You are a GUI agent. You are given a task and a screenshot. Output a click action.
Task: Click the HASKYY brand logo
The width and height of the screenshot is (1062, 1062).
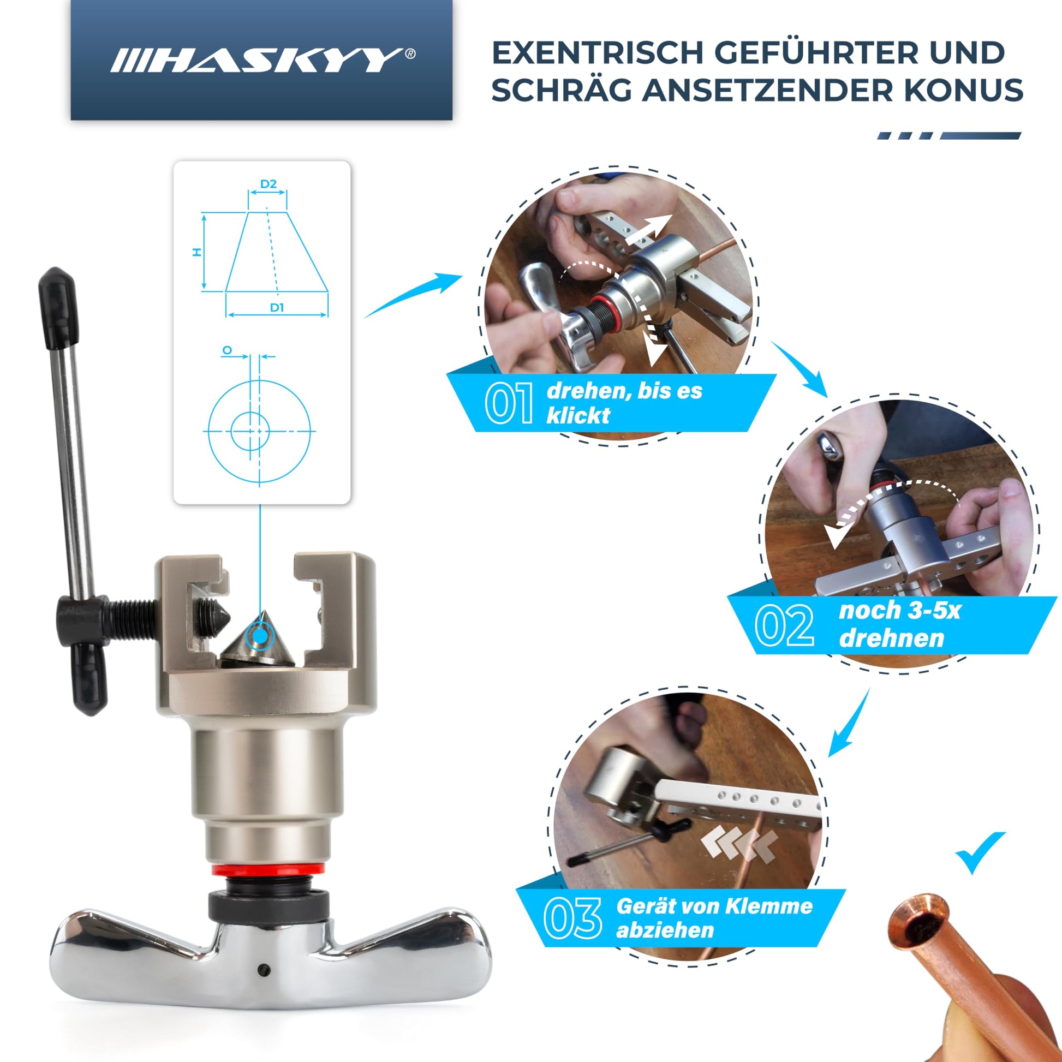click(262, 60)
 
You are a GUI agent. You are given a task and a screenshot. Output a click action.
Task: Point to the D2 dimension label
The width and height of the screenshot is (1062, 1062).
click(269, 183)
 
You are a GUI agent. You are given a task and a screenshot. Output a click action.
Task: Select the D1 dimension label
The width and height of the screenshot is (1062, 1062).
click(277, 307)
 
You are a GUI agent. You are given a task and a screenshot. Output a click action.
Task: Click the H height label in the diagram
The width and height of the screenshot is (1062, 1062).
click(197, 252)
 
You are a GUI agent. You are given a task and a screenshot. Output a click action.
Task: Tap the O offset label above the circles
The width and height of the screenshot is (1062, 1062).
click(227, 350)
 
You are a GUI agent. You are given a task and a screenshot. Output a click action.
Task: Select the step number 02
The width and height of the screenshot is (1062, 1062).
click(784, 625)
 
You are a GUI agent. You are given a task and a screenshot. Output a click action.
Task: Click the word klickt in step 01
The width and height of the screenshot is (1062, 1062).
click(578, 415)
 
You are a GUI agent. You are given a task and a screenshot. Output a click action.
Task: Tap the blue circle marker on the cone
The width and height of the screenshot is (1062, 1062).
click(260, 636)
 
